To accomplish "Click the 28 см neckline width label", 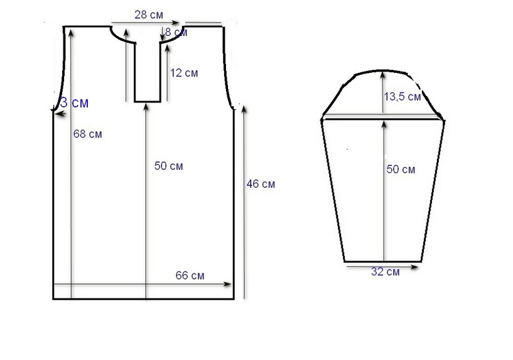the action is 149,15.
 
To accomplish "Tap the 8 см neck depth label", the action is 176,32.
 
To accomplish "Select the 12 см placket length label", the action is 184,73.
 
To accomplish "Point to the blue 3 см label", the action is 75,103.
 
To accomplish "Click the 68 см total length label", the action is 88,134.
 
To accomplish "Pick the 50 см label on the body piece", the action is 168,166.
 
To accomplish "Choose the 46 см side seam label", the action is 261,184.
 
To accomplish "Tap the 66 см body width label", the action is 190,276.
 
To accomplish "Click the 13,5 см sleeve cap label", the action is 402,97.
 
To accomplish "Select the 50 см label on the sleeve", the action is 401,169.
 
